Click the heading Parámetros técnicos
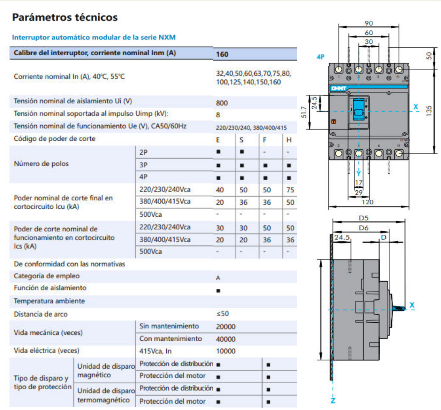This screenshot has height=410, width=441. pos(65,17)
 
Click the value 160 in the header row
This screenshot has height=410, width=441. pos(222,54)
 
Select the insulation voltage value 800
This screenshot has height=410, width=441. pos(222,103)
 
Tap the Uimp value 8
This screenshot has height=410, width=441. pos(218,115)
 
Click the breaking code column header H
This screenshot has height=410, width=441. pos(289,140)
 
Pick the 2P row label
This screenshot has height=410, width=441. pos(143,152)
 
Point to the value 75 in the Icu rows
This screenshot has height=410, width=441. pos(290,190)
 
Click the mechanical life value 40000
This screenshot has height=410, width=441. pos(225,339)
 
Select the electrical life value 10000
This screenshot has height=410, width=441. pos(225,351)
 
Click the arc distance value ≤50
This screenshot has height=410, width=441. pos(222,314)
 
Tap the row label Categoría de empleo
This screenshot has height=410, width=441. pos(47,276)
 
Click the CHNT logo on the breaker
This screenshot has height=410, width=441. pos(338,88)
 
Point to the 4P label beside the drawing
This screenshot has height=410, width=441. pos(320,57)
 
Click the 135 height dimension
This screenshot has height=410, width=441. pos(429,111)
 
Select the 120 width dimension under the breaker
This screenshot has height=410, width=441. pos(367,202)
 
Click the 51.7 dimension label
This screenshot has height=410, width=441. pos(304,112)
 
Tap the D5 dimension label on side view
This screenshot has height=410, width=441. pos(363,218)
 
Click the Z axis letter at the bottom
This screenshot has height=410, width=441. pos(333,400)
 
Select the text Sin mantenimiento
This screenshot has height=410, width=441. pos(169,326)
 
